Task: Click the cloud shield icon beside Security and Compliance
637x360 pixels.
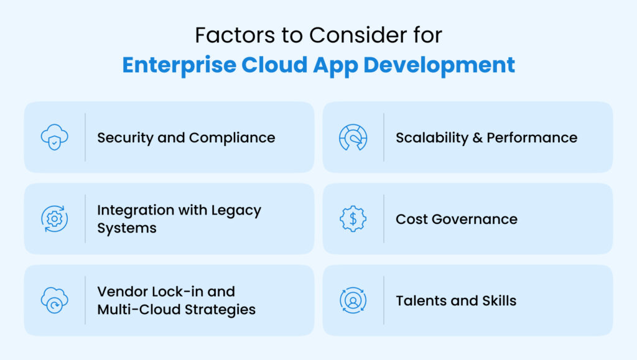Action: (x=54, y=137)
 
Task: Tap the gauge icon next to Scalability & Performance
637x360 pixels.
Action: (x=353, y=137)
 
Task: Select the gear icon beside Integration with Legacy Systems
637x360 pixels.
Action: (x=54, y=219)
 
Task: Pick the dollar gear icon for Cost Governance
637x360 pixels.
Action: (x=353, y=219)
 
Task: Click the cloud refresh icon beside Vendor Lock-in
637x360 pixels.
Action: (x=54, y=300)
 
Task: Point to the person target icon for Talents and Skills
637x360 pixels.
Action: (x=353, y=300)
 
